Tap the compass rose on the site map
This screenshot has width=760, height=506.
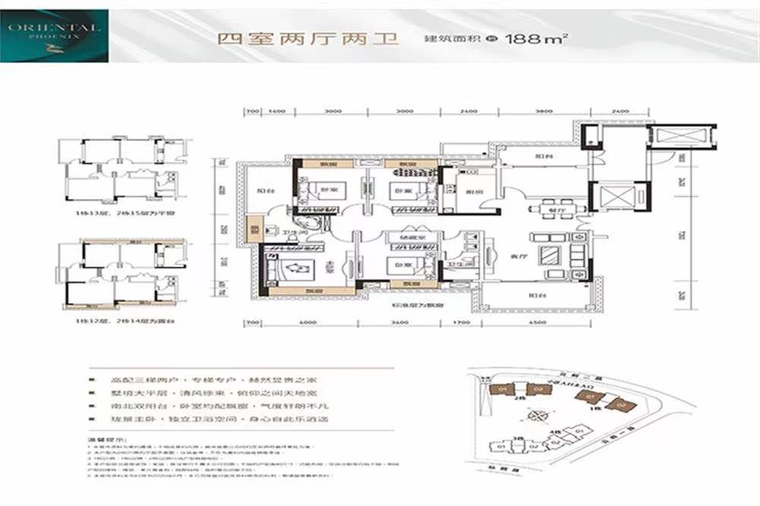[x=542, y=415]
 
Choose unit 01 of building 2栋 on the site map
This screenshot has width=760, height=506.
[x=502, y=390]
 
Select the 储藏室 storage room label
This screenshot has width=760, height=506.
[x=401, y=238]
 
